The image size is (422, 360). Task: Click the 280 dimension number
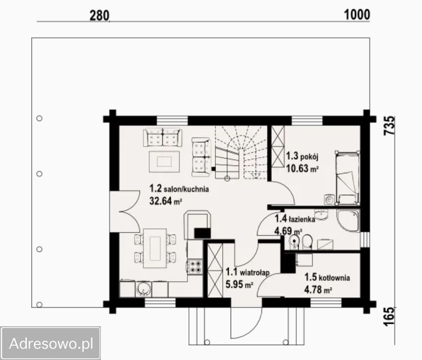point(99,16)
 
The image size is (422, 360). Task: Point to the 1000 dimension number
point(357,15)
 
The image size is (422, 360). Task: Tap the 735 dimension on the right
point(389,125)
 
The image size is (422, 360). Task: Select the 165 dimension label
point(389,316)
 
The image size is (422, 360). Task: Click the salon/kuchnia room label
point(179,189)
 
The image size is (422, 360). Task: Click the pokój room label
point(302,156)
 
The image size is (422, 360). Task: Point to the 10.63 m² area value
point(302,169)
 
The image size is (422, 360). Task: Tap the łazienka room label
point(295,219)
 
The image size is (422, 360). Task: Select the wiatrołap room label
point(247,272)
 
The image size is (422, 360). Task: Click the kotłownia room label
point(327,277)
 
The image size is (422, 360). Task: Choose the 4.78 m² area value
point(318,290)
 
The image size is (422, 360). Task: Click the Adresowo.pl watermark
point(51,344)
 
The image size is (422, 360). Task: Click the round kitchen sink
point(144,289)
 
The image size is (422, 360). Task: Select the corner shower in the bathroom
point(348,221)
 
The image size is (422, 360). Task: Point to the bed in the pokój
point(347,178)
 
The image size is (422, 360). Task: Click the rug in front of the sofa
point(164,162)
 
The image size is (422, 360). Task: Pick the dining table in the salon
point(155,248)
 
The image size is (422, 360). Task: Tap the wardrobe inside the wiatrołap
point(215,270)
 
